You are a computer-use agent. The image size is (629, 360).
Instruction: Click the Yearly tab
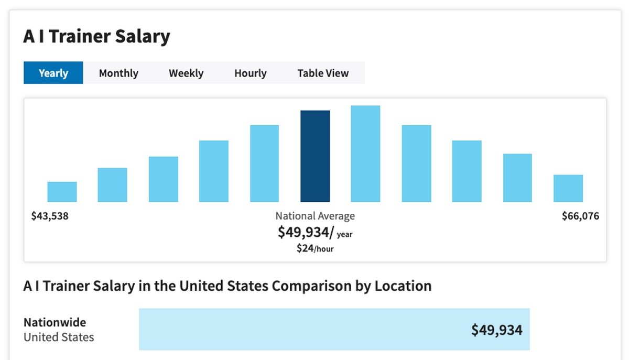pos(53,73)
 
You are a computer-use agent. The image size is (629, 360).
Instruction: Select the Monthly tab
pos(118,73)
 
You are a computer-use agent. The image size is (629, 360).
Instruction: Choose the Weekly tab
pos(186,73)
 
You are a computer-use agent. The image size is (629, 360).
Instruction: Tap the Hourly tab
pos(250,73)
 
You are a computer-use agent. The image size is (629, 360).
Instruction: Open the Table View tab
pos(323,73)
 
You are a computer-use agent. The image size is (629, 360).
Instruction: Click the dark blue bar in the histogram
pos(315,156)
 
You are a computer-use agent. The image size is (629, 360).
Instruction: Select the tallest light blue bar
pos(365,154)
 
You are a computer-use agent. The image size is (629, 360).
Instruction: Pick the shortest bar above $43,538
pos(62,192)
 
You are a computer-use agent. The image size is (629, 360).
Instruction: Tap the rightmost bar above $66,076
pos(568,188)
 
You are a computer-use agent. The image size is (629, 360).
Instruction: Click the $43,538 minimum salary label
pos(50,216)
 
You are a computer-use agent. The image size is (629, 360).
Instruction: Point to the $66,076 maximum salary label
pos(580,216)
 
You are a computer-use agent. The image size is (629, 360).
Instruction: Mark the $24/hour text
pos(315,248)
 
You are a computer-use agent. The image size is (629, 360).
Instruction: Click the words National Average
pos(315,216)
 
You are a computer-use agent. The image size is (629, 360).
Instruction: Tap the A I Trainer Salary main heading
pos(97,37)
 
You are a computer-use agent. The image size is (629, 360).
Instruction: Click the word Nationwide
pos(55,322)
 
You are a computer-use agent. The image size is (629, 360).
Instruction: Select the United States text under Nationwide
pos(59,337)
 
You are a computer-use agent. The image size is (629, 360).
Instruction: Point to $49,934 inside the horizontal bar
pos(496,330)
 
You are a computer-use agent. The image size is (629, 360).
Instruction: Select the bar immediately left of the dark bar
pos(264,163)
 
